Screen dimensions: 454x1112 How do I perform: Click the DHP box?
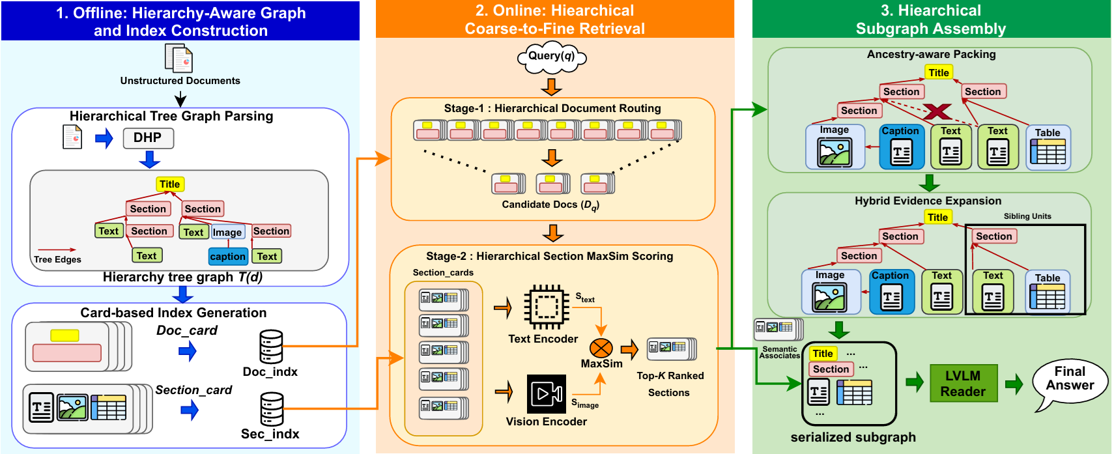148,138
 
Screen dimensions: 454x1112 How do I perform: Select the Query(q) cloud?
551,57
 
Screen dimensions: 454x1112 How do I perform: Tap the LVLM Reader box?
962,383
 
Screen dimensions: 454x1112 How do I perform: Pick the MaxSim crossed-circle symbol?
601,348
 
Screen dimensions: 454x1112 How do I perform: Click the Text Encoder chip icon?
545,306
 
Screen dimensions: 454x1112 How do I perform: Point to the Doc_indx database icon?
271,347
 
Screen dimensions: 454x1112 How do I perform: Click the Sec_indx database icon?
271,408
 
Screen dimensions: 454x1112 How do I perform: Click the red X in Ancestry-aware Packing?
937,111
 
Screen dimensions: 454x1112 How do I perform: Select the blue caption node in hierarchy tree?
227,257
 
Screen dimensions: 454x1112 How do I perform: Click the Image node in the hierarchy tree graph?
227,233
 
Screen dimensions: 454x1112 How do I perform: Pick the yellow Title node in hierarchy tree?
170,184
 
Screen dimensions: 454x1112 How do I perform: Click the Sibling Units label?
1027,216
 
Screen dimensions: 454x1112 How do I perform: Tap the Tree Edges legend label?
57,259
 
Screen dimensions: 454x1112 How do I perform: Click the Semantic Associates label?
779,352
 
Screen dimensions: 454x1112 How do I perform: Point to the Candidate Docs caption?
550,205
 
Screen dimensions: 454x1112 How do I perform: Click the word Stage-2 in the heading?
446,256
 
